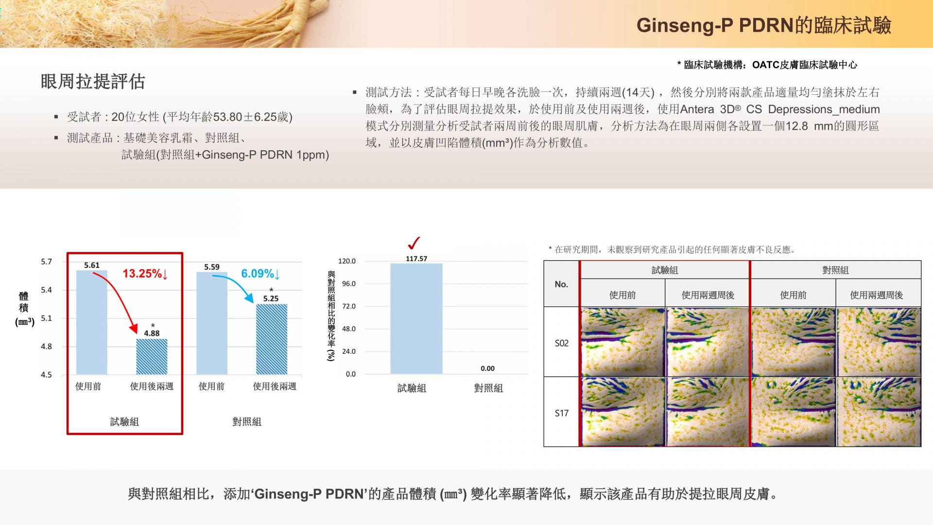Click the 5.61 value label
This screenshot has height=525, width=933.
[x=92, y=265]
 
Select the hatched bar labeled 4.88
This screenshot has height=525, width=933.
[x=152, y=357]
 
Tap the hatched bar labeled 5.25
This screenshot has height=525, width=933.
[x=272, y=339]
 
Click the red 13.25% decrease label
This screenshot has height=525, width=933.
[x=145, y=274]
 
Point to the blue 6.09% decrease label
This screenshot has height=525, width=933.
[x=260, y=274]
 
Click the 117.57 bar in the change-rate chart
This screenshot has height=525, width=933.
[x=416, y=319]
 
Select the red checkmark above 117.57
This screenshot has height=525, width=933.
[x=414, y=243]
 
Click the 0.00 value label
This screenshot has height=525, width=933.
[x=487, y=368]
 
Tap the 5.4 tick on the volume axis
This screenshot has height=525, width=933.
[x=46, y=290]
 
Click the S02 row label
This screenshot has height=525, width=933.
[x=562, y=343]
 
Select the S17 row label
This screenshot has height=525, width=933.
[x=562, y=413]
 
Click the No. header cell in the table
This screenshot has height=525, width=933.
[x=561, y=284]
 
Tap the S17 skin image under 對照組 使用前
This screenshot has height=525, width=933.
[x=793, y=412]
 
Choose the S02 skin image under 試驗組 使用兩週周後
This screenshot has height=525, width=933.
[x=708, y=342]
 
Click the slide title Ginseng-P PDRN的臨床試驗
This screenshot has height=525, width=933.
[x=764, y=25]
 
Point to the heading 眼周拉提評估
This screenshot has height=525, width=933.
[x=93, y=82]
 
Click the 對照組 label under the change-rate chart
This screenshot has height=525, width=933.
[x=488, y=388]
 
